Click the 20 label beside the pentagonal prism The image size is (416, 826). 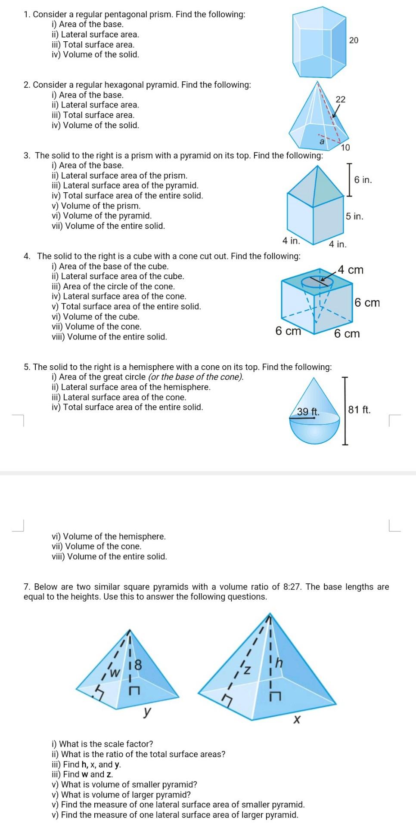pyautogui.click(x=354, y=40)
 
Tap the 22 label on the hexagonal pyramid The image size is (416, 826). pyautogui.click(x=340, y=99)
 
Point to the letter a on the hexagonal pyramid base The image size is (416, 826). pyautogui.click(x=321, y=141)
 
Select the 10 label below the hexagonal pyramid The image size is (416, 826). pyautogui.click(x=345, y=148)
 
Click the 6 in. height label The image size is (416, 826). pyautogui.click(x=363, y=180)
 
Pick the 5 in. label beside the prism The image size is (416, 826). pyautogui.click(x=354, y=216)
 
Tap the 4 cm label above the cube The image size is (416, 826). pyautogui.click(x=351, y=270)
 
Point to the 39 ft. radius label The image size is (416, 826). pyautogui.click(x=308, y=411)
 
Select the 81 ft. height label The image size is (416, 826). pyautogui.click(x=359, y=410)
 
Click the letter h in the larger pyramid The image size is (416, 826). pyautogui.click(x=279, y=663)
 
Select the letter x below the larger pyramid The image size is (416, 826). pyautogui.click(x=296, y=719)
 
